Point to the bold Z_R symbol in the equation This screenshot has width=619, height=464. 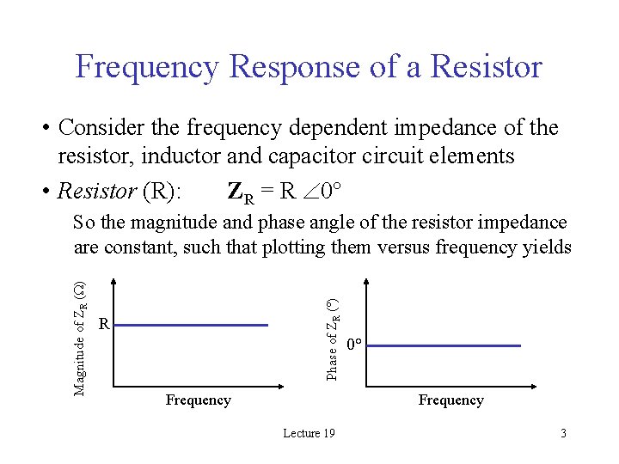click(241, 191)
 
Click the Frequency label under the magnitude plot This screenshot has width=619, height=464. click(198, 400)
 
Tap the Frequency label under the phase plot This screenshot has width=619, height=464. click(450, 400)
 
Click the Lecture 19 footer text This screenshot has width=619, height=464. click(309, 433)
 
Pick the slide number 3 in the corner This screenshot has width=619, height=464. click(563, 433)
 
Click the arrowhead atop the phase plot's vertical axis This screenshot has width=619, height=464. click(367, 283)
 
